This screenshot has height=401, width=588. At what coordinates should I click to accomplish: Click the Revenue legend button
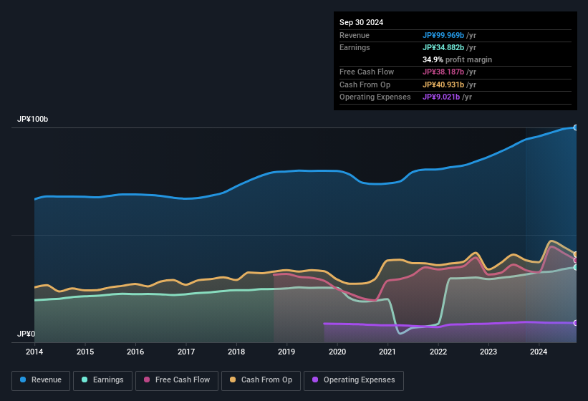click(x=41, y=380)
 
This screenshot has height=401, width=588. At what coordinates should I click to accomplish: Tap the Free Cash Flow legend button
click(x=177, y=380)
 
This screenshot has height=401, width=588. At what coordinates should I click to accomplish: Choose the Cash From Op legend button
click(x=262, y=380)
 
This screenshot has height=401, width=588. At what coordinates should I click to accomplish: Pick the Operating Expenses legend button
click(x=354, y=380)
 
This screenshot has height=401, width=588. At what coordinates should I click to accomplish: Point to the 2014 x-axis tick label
click(x=34, y=352)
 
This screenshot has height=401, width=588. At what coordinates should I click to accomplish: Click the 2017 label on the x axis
click(x=186, y=352)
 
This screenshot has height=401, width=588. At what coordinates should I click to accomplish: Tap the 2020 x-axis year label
click(x=337, y=352)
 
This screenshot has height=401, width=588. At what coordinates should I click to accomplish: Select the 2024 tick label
click(x=539, y=352)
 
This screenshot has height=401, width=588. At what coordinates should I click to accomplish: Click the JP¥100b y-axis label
click(x=33, y=120)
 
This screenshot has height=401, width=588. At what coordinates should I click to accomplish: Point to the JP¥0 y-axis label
click(x=26, y=334)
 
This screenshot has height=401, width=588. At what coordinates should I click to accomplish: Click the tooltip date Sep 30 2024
click(x=361, y=22)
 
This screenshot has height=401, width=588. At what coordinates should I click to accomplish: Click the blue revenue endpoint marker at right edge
click(x=576, y=127)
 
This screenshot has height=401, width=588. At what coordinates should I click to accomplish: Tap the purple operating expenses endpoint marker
click(x=576, y=323)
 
